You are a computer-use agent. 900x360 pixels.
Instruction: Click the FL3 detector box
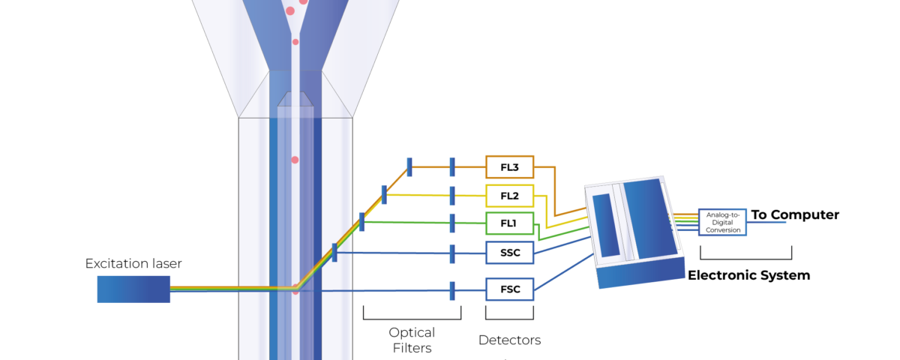509,167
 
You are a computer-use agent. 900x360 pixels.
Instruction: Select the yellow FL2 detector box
509,196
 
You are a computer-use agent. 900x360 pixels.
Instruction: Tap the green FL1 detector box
509,223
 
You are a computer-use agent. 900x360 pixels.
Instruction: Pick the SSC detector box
509,253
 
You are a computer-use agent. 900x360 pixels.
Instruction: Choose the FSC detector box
509,289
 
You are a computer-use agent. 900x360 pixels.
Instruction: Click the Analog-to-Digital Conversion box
722,222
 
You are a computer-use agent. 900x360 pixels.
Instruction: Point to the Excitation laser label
133,263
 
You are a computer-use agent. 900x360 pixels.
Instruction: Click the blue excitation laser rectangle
133,289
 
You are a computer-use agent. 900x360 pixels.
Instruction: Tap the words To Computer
795,215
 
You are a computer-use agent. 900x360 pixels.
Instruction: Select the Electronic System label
749,275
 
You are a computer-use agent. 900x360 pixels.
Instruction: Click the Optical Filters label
412,340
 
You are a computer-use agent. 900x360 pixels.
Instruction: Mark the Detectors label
509,340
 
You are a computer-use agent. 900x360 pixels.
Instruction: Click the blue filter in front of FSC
452,291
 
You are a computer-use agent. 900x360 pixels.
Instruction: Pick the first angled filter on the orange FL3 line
409,167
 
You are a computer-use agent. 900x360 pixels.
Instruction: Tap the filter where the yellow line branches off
384,195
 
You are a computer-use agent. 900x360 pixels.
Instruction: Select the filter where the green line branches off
361,222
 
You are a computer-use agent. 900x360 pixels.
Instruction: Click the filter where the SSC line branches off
334,253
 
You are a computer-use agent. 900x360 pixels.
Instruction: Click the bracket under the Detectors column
509,319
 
